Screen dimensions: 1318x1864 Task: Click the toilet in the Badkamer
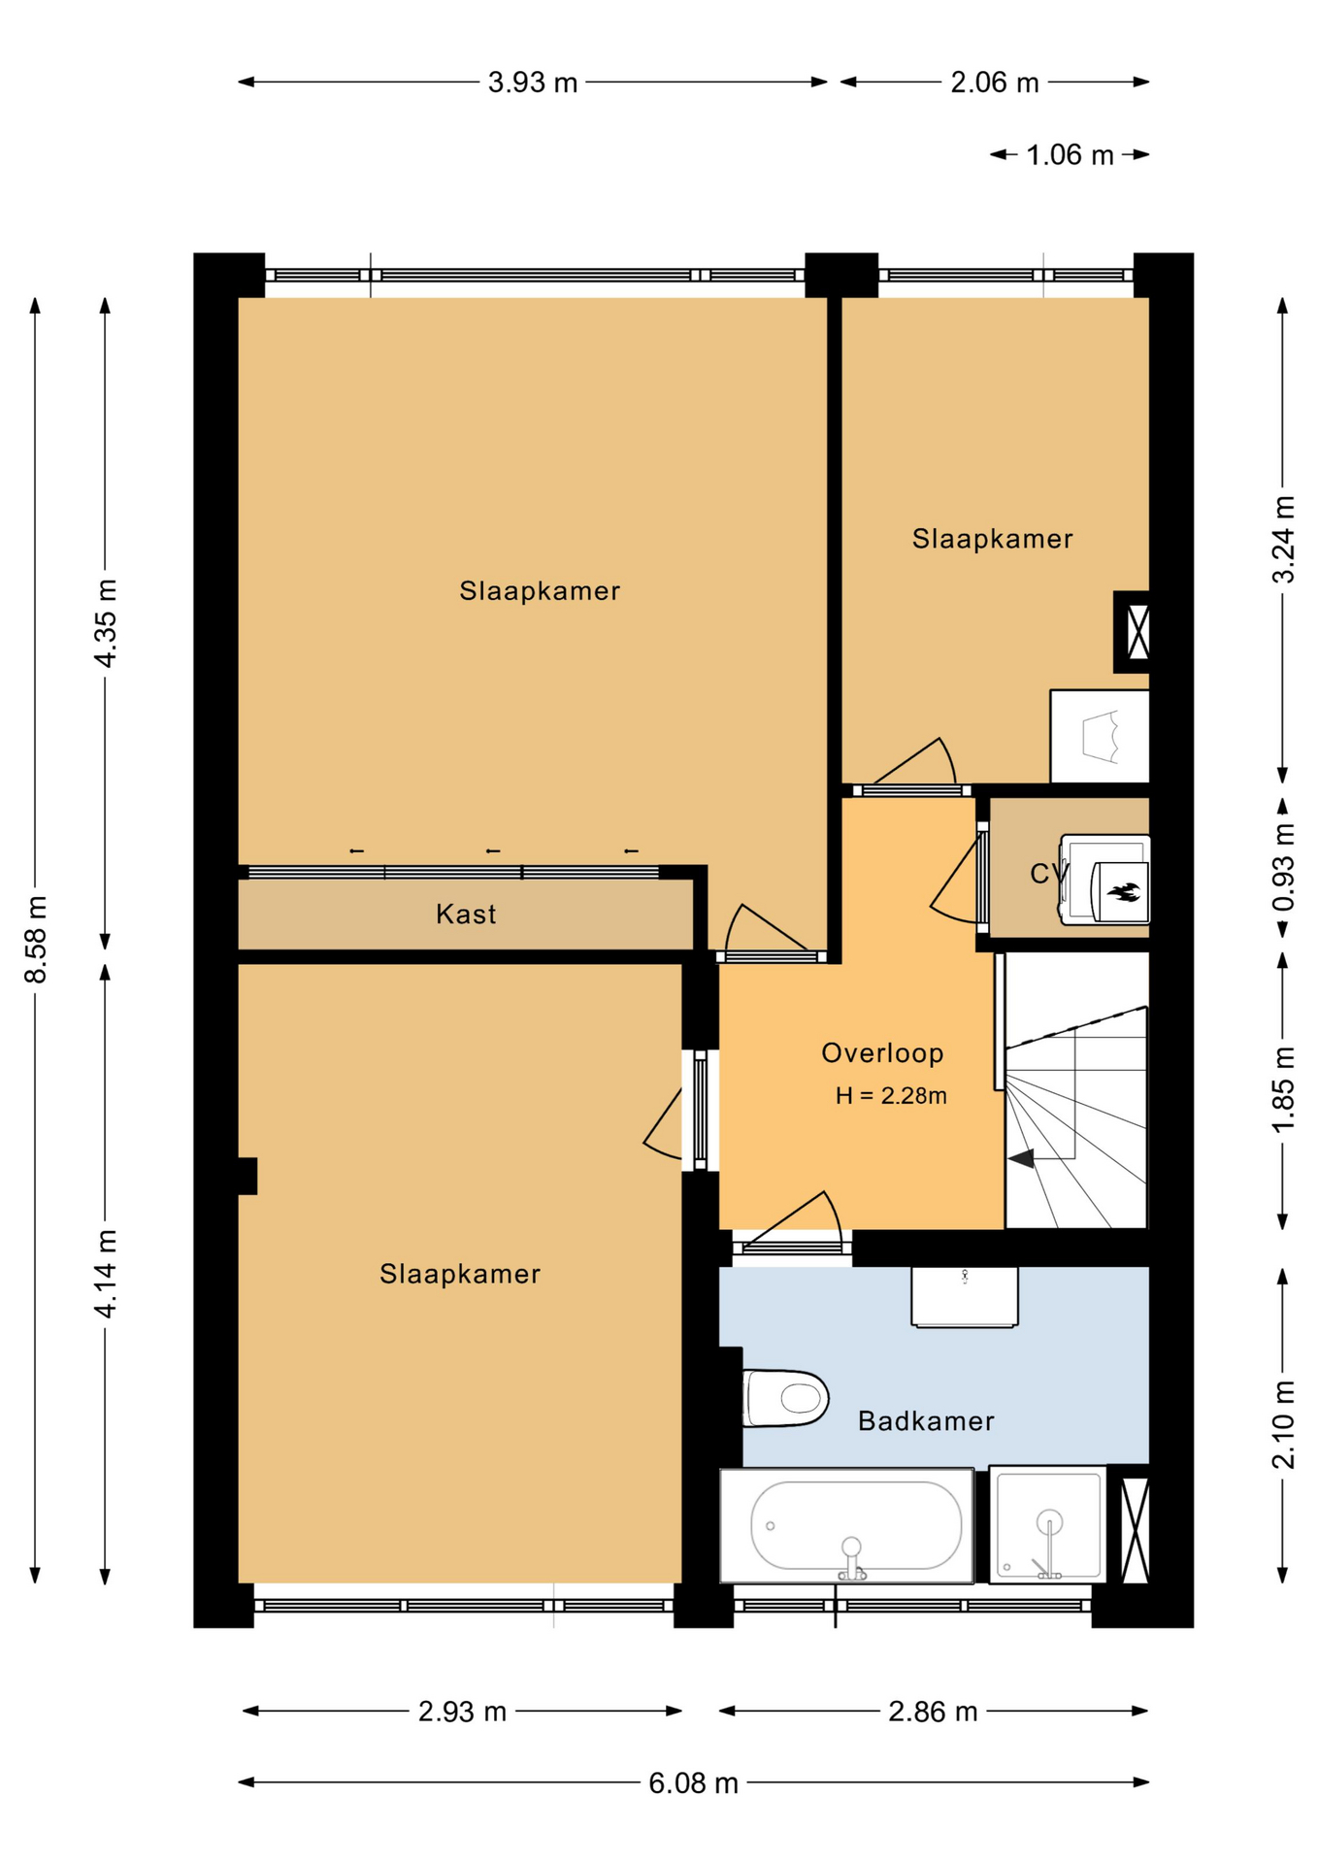[x=784, y=1398]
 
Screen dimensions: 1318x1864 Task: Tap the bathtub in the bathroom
[x=846, y=1525]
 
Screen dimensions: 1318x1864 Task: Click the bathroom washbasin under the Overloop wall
[x=965, y=1296]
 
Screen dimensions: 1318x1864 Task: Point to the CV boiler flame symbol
[x=1124, y=891]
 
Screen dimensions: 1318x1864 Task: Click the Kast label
[x=466, y=914]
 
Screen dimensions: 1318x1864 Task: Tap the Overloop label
[x=882, y=1052]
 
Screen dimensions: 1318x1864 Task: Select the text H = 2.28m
[x=891, y=1095]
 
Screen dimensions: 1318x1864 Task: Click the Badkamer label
[x=926, y=1421]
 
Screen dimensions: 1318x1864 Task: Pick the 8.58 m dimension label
[x=35, y=939]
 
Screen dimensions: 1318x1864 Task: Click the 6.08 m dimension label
[x=693, y=1783]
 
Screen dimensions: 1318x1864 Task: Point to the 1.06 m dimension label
[x=1070, y=155]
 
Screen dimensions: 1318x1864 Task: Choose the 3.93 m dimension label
[x=532, y=83]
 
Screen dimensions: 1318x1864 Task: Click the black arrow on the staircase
[x=1021, y=1157]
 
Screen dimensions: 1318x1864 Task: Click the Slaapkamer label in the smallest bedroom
[x=992, y=539]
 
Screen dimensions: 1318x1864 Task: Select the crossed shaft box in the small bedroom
[x=1133, y=631]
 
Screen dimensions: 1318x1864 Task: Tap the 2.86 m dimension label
[x=933, y=1712]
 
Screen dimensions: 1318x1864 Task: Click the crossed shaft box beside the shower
[x=1132, y=1530]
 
